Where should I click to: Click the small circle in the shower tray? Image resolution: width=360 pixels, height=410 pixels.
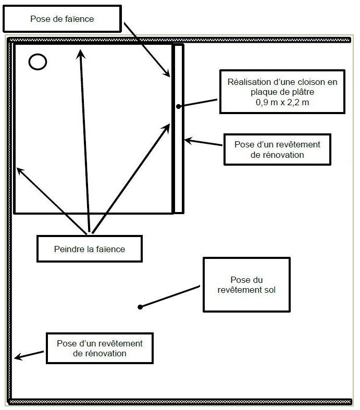(38, 62)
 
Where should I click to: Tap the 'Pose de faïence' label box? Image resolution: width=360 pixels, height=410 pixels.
(62, 19)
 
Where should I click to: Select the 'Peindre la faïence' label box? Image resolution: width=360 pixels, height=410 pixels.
(90, 249)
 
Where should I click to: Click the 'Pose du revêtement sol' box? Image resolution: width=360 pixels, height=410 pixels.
(246, 284)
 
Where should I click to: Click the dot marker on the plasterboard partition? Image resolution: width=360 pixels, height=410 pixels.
(178, 106)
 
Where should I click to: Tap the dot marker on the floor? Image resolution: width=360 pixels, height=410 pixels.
(140, 307)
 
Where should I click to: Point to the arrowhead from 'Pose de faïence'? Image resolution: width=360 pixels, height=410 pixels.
(168, 74)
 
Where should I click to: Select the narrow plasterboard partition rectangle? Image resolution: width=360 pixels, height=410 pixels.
(178, 156)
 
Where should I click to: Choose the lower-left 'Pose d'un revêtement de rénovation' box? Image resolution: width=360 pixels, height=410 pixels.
(100, 348)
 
